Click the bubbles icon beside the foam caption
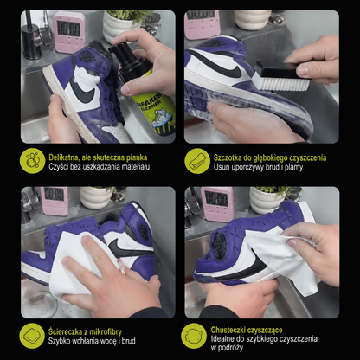click(32, 161)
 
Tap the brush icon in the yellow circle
click(197, 161)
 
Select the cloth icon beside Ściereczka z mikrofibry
click(32, 336)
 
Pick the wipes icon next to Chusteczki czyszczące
click(194, 336)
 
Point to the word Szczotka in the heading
click(228, 157)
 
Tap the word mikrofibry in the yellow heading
click(106, 332)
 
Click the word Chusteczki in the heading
click(227, 330)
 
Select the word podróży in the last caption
click(231, 348)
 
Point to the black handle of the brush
click(279, 68)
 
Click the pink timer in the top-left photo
click(69, 32)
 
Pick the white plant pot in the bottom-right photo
click(267, 200)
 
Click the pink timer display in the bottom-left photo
click(54, 194)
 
